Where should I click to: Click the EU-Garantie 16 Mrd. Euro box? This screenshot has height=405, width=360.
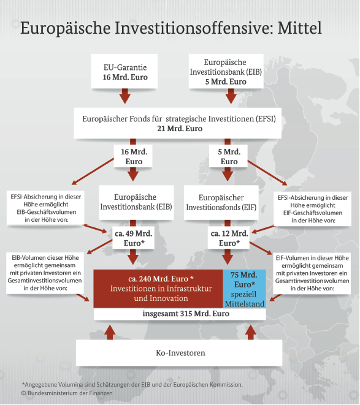pos(124,71)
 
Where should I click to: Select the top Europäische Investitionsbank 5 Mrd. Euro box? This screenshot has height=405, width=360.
pos(226,71)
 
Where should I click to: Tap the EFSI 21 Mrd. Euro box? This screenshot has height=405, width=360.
pos(178,123)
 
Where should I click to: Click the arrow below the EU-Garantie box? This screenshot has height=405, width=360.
pos(125,96)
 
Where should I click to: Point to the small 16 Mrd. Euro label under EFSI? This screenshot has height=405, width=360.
pos(133,156)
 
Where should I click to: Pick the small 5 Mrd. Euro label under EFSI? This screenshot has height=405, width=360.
pos(228,156)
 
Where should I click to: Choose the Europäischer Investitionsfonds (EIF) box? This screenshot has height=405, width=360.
pos(221,202)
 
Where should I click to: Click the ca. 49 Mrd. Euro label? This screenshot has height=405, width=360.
pos(134,238)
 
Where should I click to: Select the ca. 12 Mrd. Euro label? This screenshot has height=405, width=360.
pos(229,238)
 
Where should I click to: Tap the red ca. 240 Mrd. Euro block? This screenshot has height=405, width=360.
pos(158,289)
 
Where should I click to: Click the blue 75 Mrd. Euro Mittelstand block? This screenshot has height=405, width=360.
pos(245,289)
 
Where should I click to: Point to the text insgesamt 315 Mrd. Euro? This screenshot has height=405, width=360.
pos(186,314)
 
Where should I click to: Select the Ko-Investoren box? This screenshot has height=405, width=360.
pos(179,352)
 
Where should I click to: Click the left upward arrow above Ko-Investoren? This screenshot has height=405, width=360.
pos(110,333)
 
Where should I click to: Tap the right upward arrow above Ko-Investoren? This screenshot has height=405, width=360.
pos(250,333)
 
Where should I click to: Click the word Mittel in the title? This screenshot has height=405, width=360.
pos(300,28)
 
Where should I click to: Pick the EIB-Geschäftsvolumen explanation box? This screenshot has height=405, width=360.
pos(45,208)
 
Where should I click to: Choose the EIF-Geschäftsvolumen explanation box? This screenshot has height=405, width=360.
pos(312,209)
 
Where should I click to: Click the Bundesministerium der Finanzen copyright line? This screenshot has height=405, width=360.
pos(67,393)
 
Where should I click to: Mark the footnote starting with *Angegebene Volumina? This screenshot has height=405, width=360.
pos(132,385)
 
